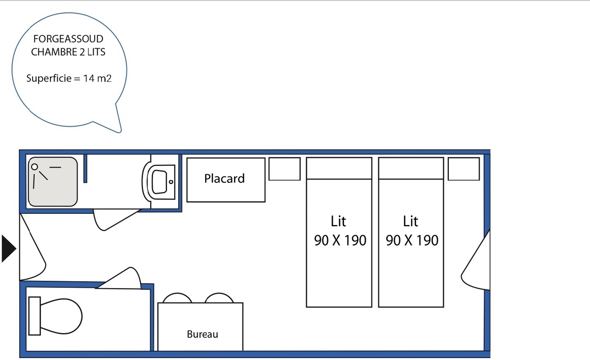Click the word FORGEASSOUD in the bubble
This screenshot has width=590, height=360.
(68, 39)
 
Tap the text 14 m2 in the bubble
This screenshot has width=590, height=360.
(97, 78)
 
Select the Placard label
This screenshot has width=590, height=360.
(224, 178)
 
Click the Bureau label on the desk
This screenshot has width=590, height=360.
(203, 334)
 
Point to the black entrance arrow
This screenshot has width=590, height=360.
(9, 249)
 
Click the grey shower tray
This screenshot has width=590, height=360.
(53, 182)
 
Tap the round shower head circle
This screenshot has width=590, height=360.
(35, 167)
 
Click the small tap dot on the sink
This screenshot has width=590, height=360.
(171, 182)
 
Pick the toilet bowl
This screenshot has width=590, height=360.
(61, 316)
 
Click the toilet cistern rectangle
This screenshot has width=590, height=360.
(35, 316)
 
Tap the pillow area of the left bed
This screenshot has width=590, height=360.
(339, 168)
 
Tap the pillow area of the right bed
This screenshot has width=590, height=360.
(411, 168)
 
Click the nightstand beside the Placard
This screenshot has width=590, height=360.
(284, 169)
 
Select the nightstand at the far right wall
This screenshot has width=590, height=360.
(464, 169)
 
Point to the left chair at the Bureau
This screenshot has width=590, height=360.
(177, 298)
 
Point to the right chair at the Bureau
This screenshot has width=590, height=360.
(219, 298)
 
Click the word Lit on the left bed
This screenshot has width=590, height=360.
(338, 221)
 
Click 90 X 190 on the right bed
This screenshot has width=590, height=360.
(412, 240)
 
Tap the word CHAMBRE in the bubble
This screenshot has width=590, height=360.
(54, 52)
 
